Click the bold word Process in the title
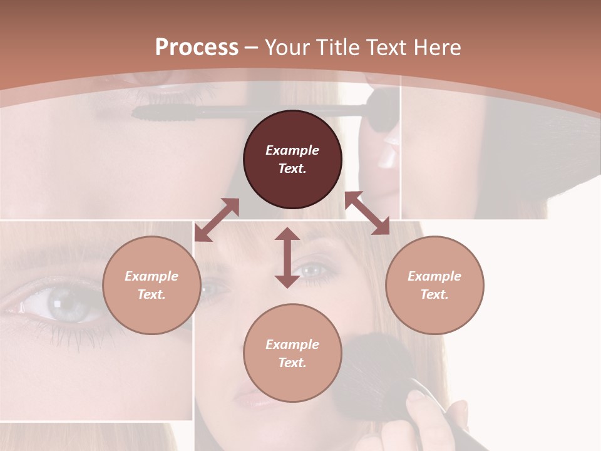coord(197,48)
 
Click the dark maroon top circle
coord(292,160)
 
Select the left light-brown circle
coord(152,285)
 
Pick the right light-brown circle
coord(434,285)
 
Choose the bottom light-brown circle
coord(292,353)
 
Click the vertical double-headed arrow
coord(287,257)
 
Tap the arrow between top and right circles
coord(367,213)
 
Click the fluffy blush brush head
coord(376,370)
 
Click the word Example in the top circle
coord(292,150)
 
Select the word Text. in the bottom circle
coord(292,363)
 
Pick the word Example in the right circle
coord(434,276)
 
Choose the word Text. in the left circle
coord(152,294)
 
